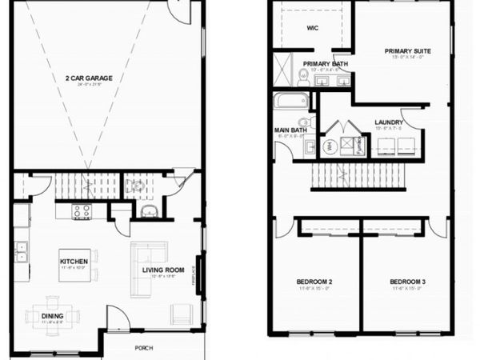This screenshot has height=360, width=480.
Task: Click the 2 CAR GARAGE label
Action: pyautogui.click(x=90, y=78)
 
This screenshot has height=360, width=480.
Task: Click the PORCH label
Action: pyautogui.click(x=143, y=347)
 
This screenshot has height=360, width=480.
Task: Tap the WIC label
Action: pyautogui.click(x=313, y=27)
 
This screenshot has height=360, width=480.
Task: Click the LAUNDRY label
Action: pyautogui.click(x=388, y=122)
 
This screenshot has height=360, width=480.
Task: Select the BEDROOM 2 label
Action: pyautogui.click(x=314, y=282)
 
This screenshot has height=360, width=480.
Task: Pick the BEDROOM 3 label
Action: pyautogui.click(x=405, y=282)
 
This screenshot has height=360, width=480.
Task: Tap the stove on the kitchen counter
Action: pyautogui.click(x=82, y=211)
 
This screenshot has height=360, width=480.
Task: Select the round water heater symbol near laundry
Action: pyautogui.click(x=330, y=146)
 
